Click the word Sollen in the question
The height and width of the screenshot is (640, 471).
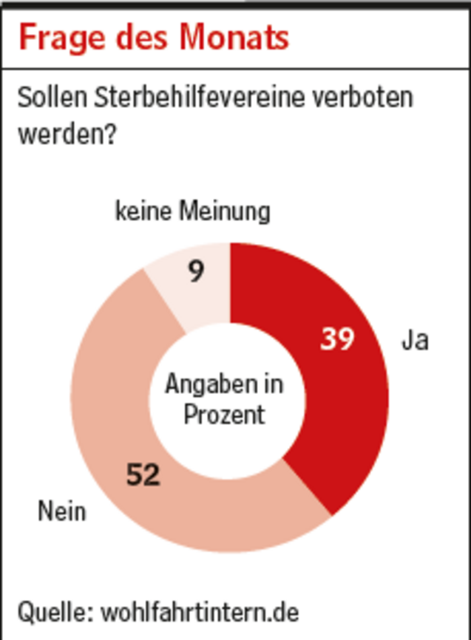point(51,98)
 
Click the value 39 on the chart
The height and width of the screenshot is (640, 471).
point(337,339)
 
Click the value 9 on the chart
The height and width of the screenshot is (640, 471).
point(196,273)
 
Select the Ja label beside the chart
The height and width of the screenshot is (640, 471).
point(415,341)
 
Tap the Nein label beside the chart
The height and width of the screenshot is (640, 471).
point(62,511)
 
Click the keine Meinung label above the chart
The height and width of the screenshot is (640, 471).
point(192,212)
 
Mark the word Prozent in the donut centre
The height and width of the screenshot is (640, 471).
point(224,414)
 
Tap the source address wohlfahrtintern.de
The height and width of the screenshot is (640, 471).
point(200,612)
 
